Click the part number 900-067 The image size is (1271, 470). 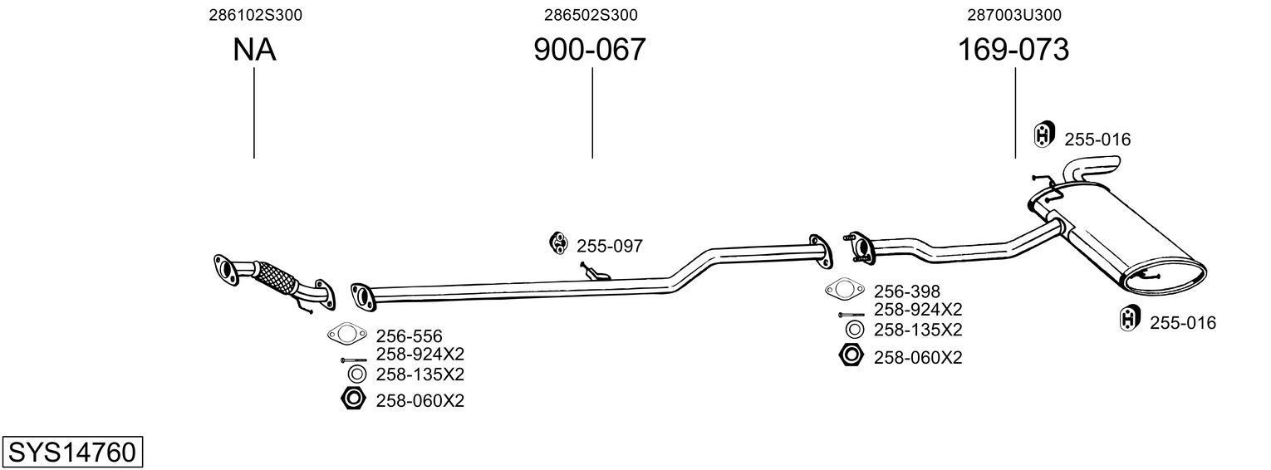point(589,51)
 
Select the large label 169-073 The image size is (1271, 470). point(1013,51)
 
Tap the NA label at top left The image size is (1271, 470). point(254,51)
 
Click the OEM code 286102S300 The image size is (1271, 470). point(254,14)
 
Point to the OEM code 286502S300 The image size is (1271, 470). point(591,14)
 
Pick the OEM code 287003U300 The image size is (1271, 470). point(1014,14)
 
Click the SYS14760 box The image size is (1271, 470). point(71,453)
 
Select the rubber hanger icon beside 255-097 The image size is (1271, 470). point(558,243)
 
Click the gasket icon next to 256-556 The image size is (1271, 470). point(347,335)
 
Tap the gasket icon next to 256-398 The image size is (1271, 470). point(844,290)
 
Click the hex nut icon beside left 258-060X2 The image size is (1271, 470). point(353,399)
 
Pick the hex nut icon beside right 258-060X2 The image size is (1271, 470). point(851,356)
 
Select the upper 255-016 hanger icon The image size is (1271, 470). point(1043,135)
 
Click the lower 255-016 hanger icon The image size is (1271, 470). point(1129,318)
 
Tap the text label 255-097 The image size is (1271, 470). point(609,246)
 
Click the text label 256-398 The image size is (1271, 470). point(906,291)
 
